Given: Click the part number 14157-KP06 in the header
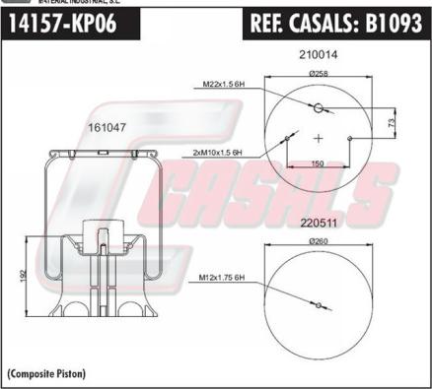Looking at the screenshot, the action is coord(62,24).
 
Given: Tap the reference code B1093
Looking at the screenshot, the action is coord(394,23).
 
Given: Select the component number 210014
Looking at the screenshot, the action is coord(319,54).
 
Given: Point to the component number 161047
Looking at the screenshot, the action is coord(107,127).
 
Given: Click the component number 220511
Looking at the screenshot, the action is coord(319,224).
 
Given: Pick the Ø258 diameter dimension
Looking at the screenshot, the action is coord(319,74).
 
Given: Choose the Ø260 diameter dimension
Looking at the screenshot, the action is coord(319,241).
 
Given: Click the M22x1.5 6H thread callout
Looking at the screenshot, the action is coord(224,84).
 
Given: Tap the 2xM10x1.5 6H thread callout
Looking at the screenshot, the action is coord(218,153).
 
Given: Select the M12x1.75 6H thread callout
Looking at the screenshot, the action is coord(222,278).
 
